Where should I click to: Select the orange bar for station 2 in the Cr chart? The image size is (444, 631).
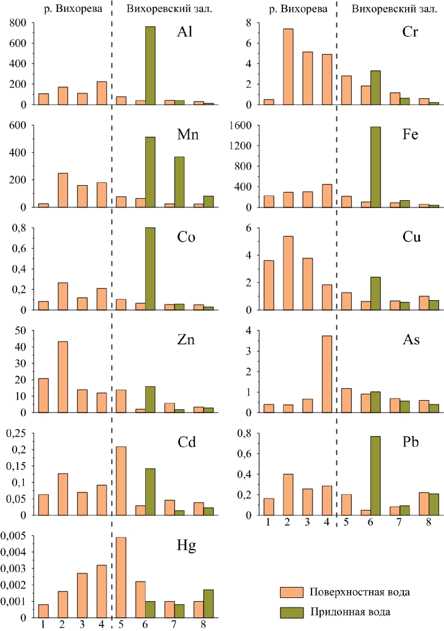pos(288,67)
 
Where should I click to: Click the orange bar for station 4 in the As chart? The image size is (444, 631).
pos(327,374)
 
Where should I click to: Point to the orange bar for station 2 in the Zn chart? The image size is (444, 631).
pos(63,377)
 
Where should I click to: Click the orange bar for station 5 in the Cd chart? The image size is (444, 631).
pos(121,481)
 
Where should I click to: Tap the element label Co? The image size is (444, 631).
pos(186,237)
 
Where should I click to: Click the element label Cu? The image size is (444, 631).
pos(411,237)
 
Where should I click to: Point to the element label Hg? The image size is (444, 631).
pos(186,546)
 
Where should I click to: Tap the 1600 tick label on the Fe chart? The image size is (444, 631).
pos(241,125)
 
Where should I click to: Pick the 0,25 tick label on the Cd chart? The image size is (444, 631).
pos(16,433)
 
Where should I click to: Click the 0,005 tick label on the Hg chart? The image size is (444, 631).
pos(13,536)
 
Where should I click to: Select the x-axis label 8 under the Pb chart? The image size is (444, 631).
pos(428,522)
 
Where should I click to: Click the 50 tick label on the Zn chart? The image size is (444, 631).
pos(20,331)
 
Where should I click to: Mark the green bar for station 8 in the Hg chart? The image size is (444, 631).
pos(208,603)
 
